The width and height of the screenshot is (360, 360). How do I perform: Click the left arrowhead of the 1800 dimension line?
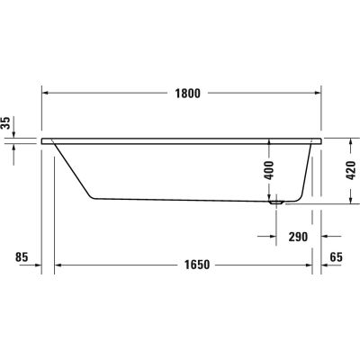point(48,91)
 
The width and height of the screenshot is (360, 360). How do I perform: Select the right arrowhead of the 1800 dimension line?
point(318,91)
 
